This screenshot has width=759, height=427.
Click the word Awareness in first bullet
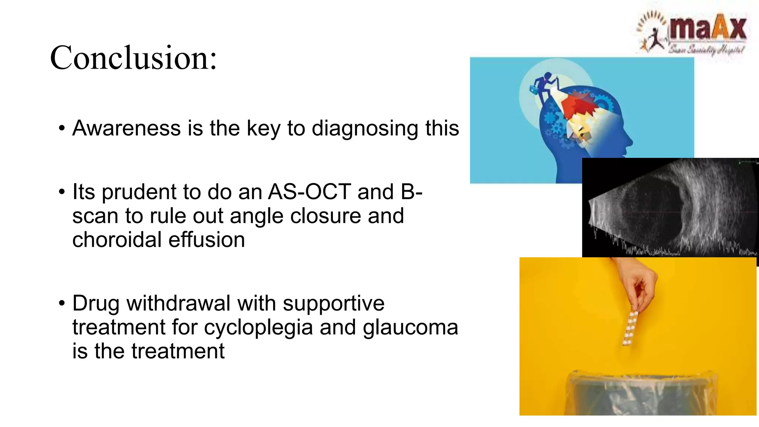(x=126, y=128)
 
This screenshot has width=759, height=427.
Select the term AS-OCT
(x=309, y=192)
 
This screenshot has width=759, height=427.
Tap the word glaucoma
(x=410, y=327)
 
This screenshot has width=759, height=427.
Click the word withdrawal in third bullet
(x=179, y=303)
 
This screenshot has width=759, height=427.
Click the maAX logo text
(x=707, y=29)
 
